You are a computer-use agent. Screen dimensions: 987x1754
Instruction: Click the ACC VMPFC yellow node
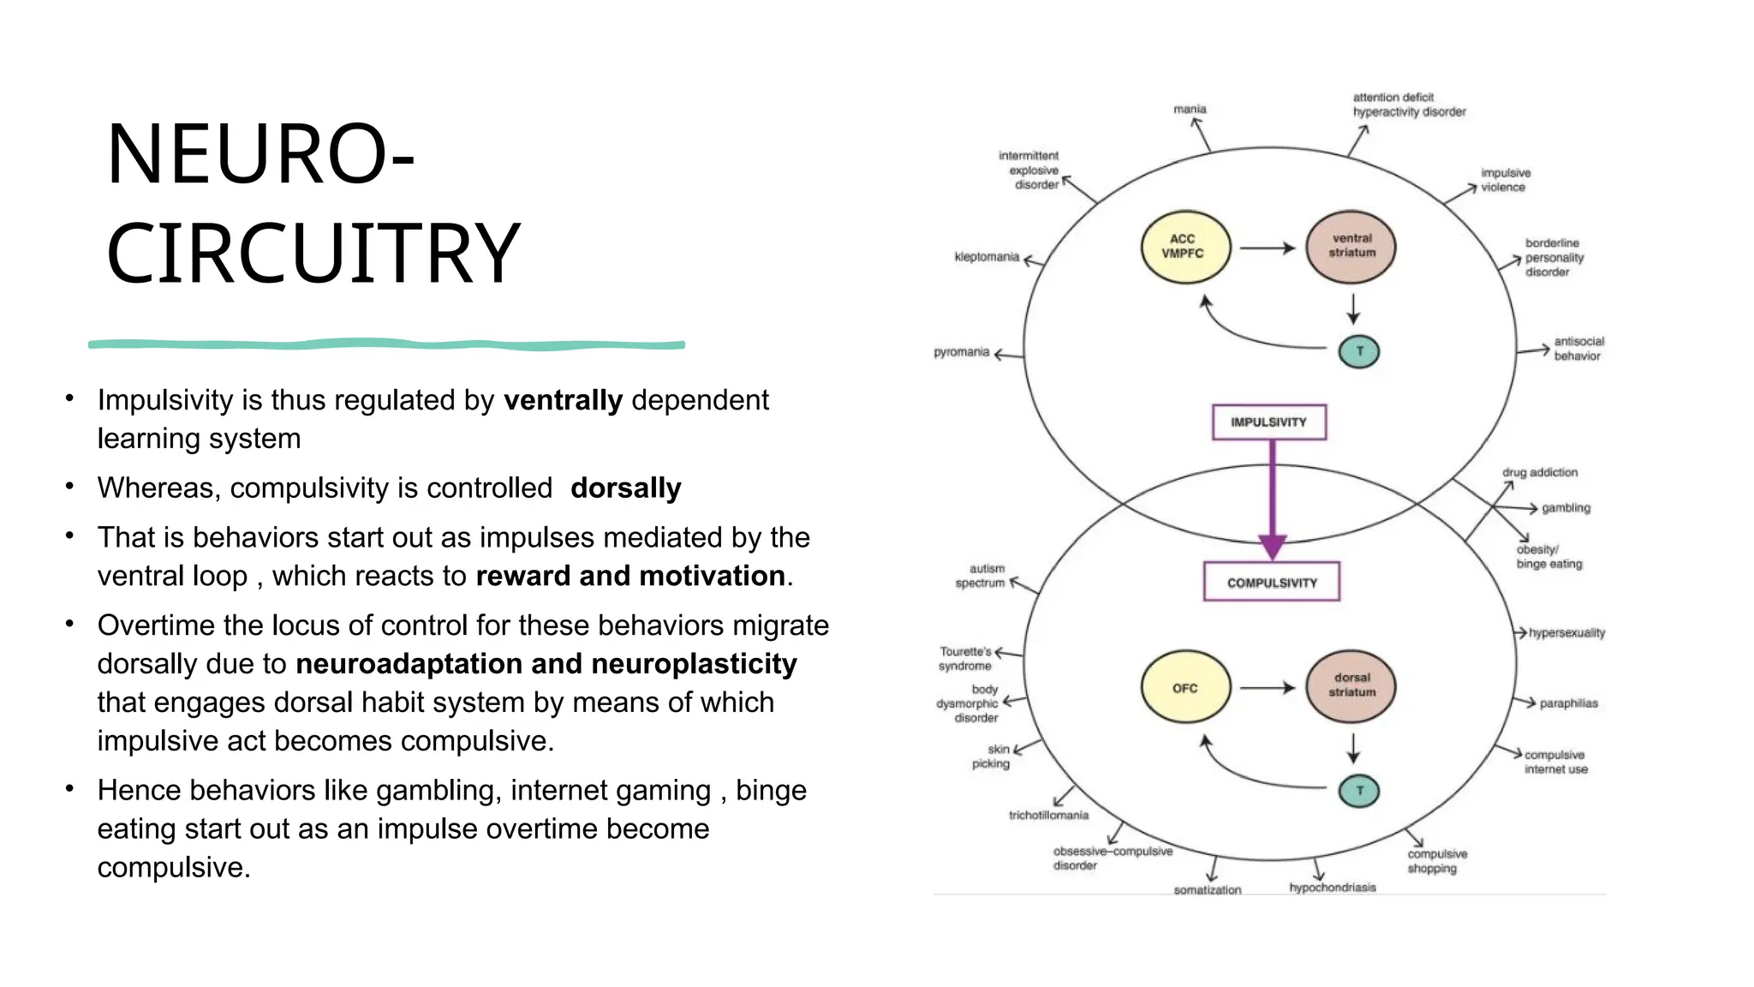[x=1185, y=247]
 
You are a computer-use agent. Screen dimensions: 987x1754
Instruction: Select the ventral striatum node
[x=1351, y=247]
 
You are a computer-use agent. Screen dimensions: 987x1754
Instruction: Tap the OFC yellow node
[x=1185, y=688]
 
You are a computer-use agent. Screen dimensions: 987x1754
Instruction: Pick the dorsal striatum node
[x=1351, y=685]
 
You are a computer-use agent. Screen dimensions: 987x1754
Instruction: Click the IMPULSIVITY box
[x=1268, y=422]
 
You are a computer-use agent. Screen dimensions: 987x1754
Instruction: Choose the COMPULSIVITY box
[x=1271, y=583]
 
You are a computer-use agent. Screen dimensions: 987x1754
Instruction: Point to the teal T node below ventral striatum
[x=1359, y=351]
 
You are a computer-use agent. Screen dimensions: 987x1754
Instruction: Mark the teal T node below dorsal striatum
[x=1359, y=791]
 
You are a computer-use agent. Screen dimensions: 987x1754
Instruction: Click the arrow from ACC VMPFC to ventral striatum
[x=1268, y=248]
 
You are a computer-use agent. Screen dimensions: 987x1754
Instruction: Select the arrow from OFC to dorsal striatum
[x=1268, y=688]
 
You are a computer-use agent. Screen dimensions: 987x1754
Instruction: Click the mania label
[x=1190, y=110]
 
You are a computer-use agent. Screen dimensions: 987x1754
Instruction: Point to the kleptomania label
[x=987, y=257]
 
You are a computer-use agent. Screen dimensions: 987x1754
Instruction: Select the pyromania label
[x=961, y=352]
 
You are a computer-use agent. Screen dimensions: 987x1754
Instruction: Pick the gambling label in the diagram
[x=1566, y=508]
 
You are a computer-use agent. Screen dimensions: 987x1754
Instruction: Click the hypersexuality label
[x=1566, y=633]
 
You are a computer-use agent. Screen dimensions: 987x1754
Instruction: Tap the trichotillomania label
[x=1048, y=816]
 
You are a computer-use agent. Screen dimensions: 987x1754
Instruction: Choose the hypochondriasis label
[x=1333, y=888]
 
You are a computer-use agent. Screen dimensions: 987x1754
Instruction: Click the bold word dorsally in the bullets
[x=625, y=488]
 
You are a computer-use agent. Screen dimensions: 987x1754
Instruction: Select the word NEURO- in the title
[x=260, y=154]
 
